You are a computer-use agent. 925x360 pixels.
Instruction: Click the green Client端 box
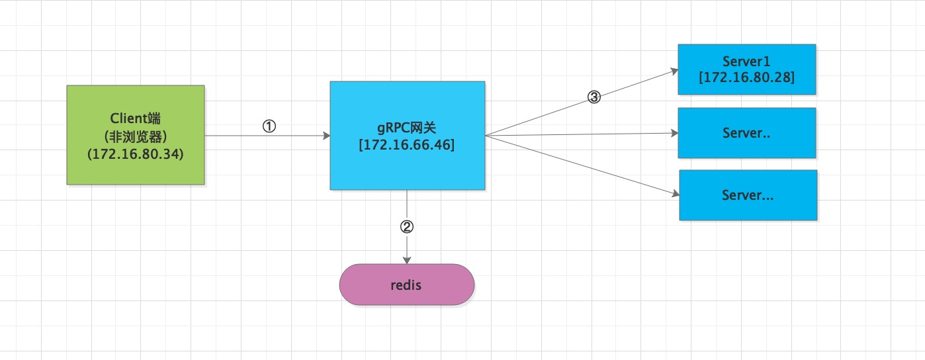point(136,135)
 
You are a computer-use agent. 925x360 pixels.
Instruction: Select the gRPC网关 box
point(408,136)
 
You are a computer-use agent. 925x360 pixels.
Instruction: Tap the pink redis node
point(407,285)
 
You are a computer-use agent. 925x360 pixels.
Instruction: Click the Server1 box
point(747,69)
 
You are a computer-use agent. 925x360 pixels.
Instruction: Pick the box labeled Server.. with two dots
point(747,133)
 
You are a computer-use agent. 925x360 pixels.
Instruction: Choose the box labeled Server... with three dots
point(748,195)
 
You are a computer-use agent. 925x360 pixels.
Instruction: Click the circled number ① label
point(269,126)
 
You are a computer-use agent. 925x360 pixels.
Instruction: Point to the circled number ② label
point(407,226)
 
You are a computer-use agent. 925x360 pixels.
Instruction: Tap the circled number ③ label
point(594,97)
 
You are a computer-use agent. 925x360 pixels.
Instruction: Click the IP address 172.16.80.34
point(136,154)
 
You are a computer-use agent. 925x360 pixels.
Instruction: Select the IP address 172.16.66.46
point(407,145)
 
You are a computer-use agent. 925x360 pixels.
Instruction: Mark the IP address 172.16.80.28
point(746,77)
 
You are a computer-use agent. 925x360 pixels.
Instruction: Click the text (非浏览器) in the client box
point(136,136)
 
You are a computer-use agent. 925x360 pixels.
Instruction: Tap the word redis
point(406,285)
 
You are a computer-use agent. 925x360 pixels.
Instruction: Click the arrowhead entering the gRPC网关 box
point(327,136)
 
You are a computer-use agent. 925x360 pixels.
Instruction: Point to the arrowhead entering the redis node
point(407,261)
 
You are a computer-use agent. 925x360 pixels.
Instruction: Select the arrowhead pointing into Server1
point(674,71)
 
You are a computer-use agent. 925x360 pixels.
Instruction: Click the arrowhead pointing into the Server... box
point(676,193)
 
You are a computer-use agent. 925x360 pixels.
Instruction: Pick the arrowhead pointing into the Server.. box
point(675,133)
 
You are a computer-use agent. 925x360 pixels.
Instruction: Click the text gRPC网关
point(406,128)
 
